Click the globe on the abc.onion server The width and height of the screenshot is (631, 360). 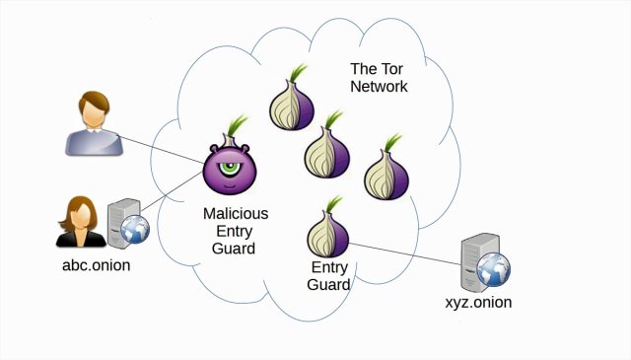pos(136,231)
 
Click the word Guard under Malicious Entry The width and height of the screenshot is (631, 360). pos(235,249)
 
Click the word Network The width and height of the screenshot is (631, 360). pos(379,87)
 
